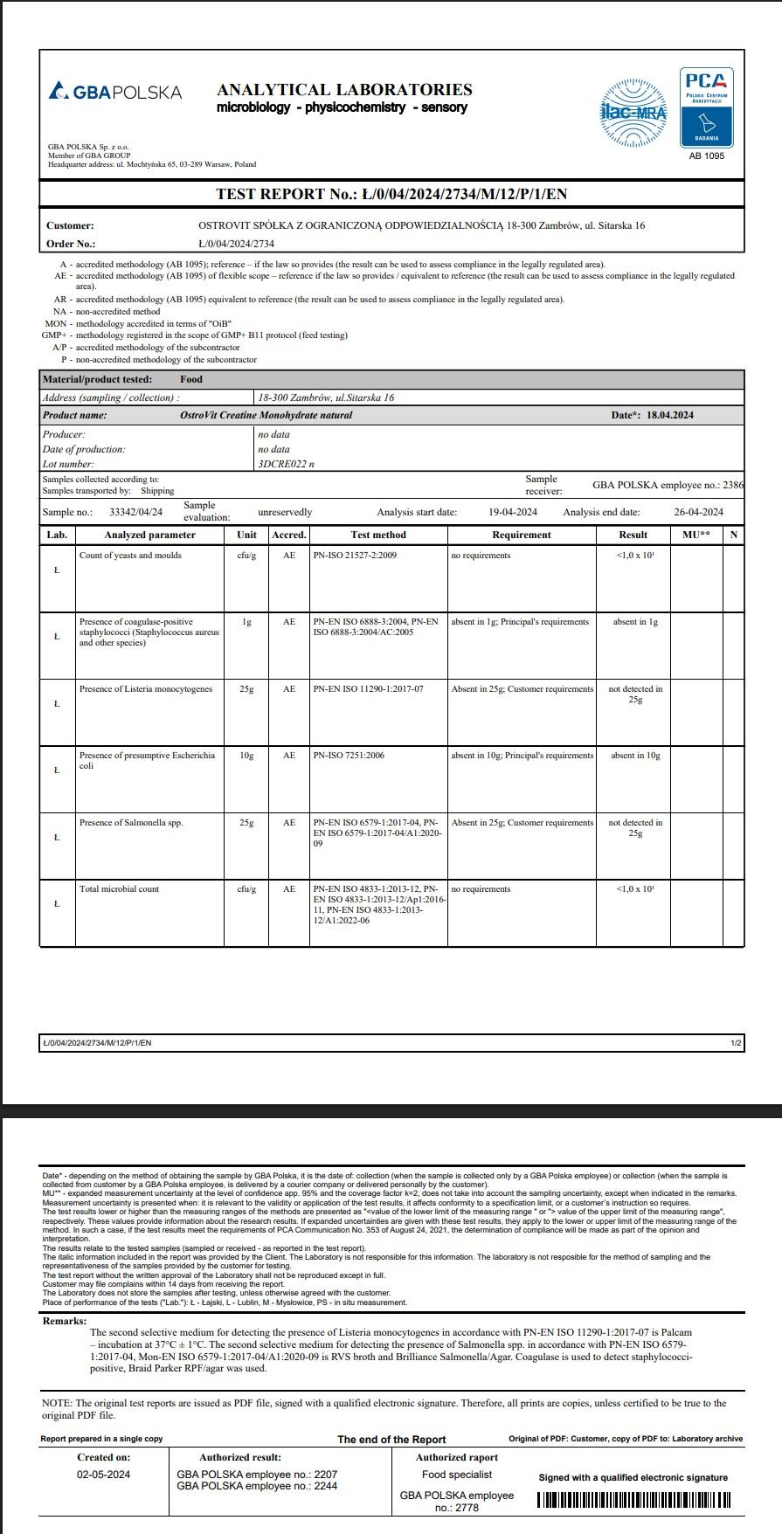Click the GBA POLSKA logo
115,92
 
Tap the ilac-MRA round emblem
633,113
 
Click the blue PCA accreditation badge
707,107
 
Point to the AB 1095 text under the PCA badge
707,156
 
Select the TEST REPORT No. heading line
392,194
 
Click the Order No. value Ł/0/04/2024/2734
236,244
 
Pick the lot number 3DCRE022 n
286,464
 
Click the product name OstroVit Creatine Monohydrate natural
266,415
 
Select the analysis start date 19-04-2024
513,512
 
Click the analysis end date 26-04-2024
698,512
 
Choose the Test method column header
378,535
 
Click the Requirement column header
522,535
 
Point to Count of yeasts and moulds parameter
130,556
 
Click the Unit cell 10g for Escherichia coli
246,756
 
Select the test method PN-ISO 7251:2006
349,756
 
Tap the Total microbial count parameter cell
120,889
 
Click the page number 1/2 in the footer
736,1043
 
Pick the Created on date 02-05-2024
103,1475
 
